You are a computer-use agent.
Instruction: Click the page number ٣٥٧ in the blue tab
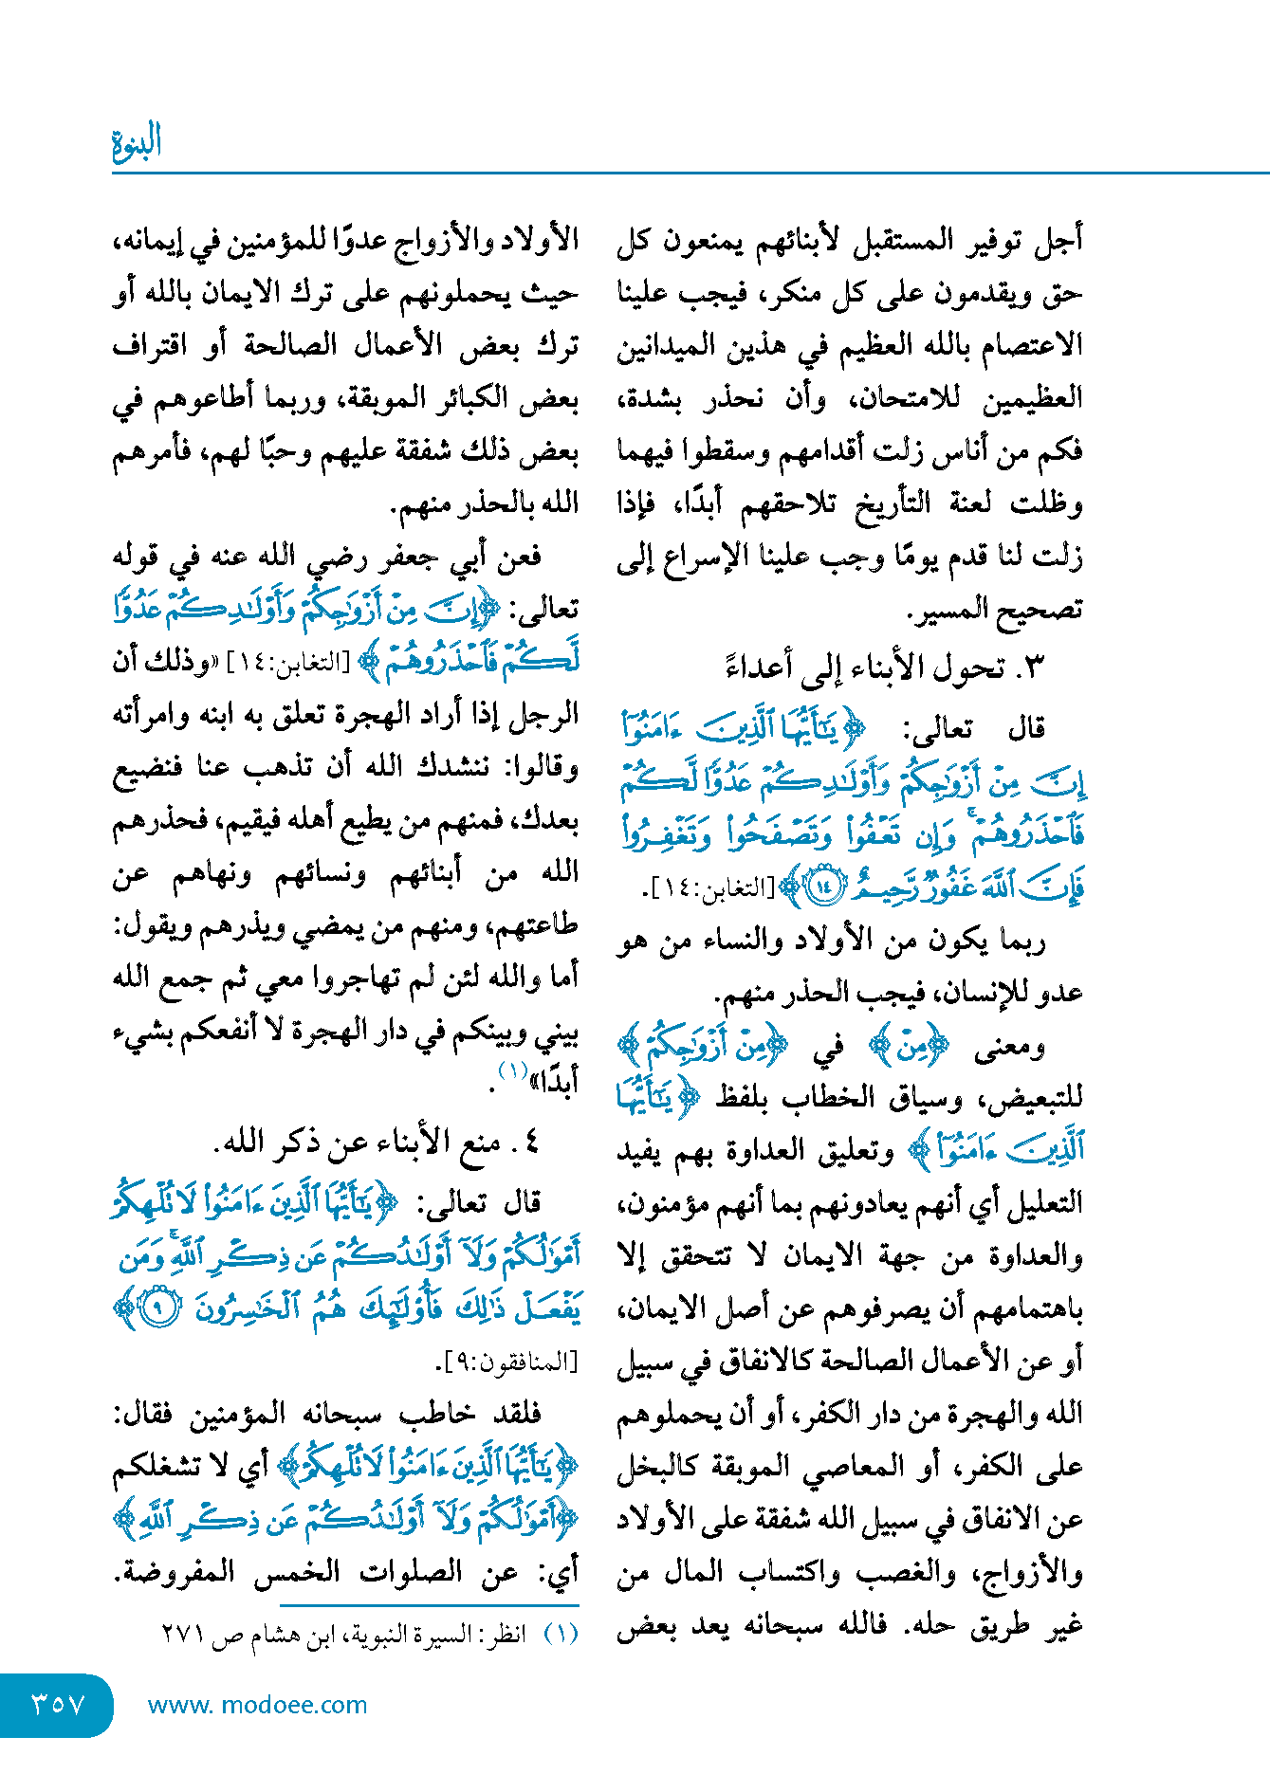[58, 1704]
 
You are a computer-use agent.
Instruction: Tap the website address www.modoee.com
[257, 1705]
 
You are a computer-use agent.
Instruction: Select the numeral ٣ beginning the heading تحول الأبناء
[1034, 667]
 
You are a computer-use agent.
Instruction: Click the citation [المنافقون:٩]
[506, 1362]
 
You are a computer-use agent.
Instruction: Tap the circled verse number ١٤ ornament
[821, 887]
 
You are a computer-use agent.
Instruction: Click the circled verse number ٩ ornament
[163, 1308]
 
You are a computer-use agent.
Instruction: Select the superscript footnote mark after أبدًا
[512, 1071]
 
